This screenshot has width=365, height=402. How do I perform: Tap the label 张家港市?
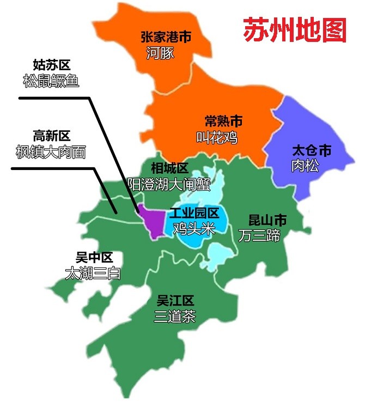tap(166, 37)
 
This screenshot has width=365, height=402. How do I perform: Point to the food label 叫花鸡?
tap(217, 137)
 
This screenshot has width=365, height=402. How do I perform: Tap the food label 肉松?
tap(305, 166)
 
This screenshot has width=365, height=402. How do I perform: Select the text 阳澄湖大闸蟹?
tap(169, 184)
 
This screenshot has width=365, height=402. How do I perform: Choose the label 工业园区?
tap(194, 213)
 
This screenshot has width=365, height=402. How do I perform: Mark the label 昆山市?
tap(267, 220)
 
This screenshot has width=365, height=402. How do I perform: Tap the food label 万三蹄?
tap(259, 235)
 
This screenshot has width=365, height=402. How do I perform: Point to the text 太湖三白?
tap(92, 273)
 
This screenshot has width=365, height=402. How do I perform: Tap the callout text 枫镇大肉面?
tap(51, 152)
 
